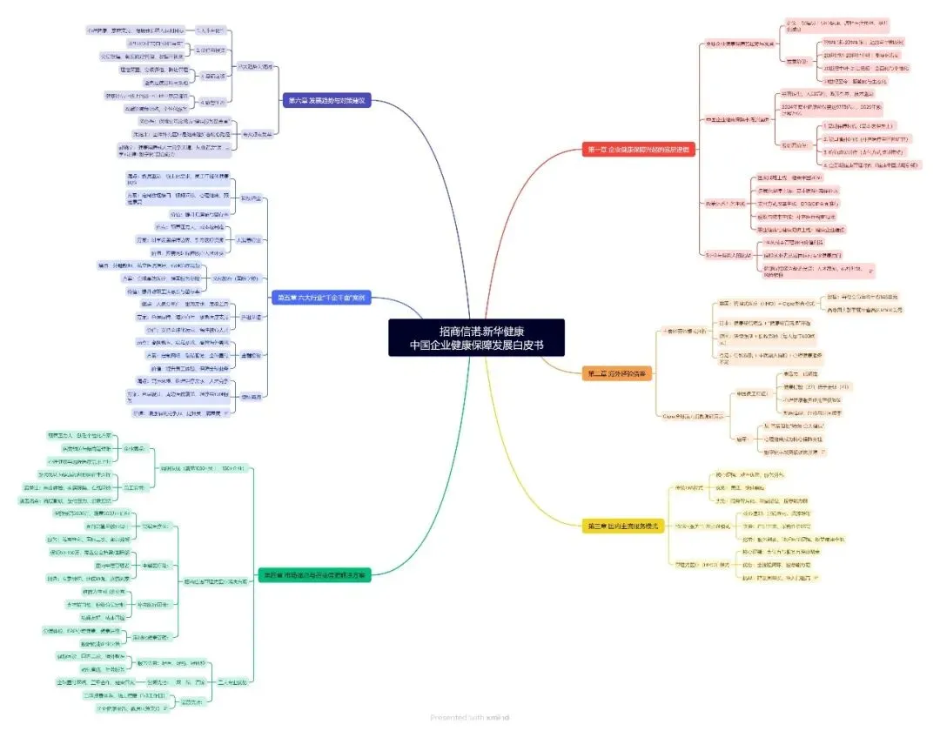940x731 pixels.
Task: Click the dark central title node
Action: click(476, 337)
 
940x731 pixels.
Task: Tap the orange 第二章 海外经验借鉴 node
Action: click(618, 373)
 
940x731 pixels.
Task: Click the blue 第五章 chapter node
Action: click(321, 298)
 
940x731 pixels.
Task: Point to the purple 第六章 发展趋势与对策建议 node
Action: click(327, 101)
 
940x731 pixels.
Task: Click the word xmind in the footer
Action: click(499, 717)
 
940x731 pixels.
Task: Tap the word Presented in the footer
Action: click(449, 717)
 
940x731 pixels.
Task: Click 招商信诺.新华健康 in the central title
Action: click(476, 330)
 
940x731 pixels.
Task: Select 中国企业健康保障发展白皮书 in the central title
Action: click(476, 345)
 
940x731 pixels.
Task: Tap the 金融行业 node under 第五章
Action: click(250, 355)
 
